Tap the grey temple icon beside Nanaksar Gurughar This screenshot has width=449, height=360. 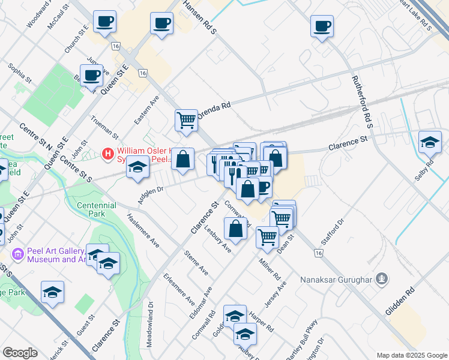point(381,278)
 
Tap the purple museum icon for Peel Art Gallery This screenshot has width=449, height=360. point(17,255)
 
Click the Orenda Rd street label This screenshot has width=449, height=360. point(217,108)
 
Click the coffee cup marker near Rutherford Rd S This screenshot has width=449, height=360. point(322,26)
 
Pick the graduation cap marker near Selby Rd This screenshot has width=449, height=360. point(430,143)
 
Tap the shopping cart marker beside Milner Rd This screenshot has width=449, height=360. point(267,236)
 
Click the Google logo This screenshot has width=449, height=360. point(20,353)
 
